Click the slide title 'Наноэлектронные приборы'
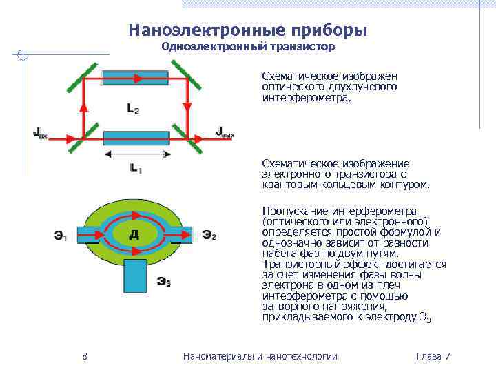(247, 30)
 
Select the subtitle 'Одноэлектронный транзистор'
(247, 47)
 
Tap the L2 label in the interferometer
(133, 107)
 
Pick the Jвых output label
(225, 132)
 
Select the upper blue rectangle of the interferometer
(136, 78)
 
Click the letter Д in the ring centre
(134, 235)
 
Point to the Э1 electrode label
(61, 236)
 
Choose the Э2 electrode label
(209, 236)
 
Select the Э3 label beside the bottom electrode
(164, 280)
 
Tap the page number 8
(84, 356)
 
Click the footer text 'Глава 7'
(433, 356)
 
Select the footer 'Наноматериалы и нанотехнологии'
(260, 356)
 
